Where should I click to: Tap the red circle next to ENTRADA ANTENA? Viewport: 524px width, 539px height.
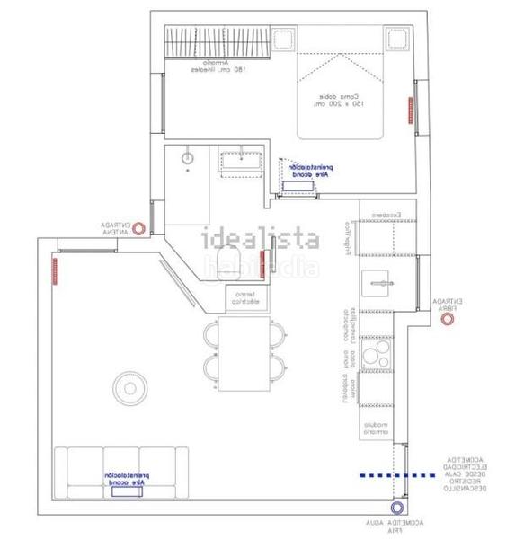139,228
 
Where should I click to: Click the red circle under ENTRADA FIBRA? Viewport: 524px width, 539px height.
447,318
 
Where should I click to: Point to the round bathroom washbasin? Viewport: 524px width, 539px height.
188,159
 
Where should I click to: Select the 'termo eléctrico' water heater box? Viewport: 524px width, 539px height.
245,298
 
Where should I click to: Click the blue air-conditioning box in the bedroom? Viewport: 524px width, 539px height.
298,186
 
